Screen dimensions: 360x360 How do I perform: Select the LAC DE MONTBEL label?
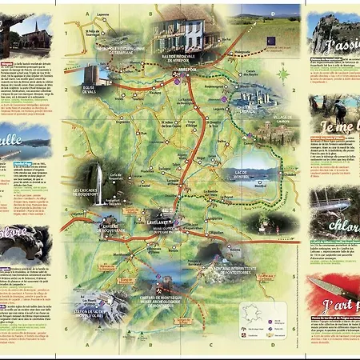(241, 173)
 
